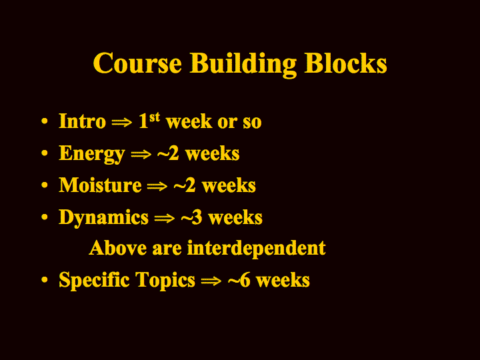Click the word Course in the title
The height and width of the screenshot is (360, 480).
point(137,63)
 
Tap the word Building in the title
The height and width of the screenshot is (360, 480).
point(243,65)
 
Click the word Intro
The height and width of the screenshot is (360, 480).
point(83,121)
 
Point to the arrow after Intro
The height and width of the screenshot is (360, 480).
point(122,122)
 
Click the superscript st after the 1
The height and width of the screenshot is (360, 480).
point(155,117)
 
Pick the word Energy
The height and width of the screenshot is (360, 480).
point(92,154)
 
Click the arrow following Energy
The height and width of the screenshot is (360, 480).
point(141,154)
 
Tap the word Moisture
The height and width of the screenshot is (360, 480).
point(100,185)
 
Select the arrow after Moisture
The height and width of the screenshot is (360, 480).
point(157,186)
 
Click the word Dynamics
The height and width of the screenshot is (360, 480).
point(103,218)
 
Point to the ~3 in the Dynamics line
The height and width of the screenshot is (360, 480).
point(191,217)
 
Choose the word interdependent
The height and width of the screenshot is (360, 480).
point(257,248)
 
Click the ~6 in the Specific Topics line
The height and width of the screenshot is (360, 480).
point(239,280)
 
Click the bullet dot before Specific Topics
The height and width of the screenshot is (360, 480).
point(45,279)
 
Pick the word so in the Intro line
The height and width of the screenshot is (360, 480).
point(252,123)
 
